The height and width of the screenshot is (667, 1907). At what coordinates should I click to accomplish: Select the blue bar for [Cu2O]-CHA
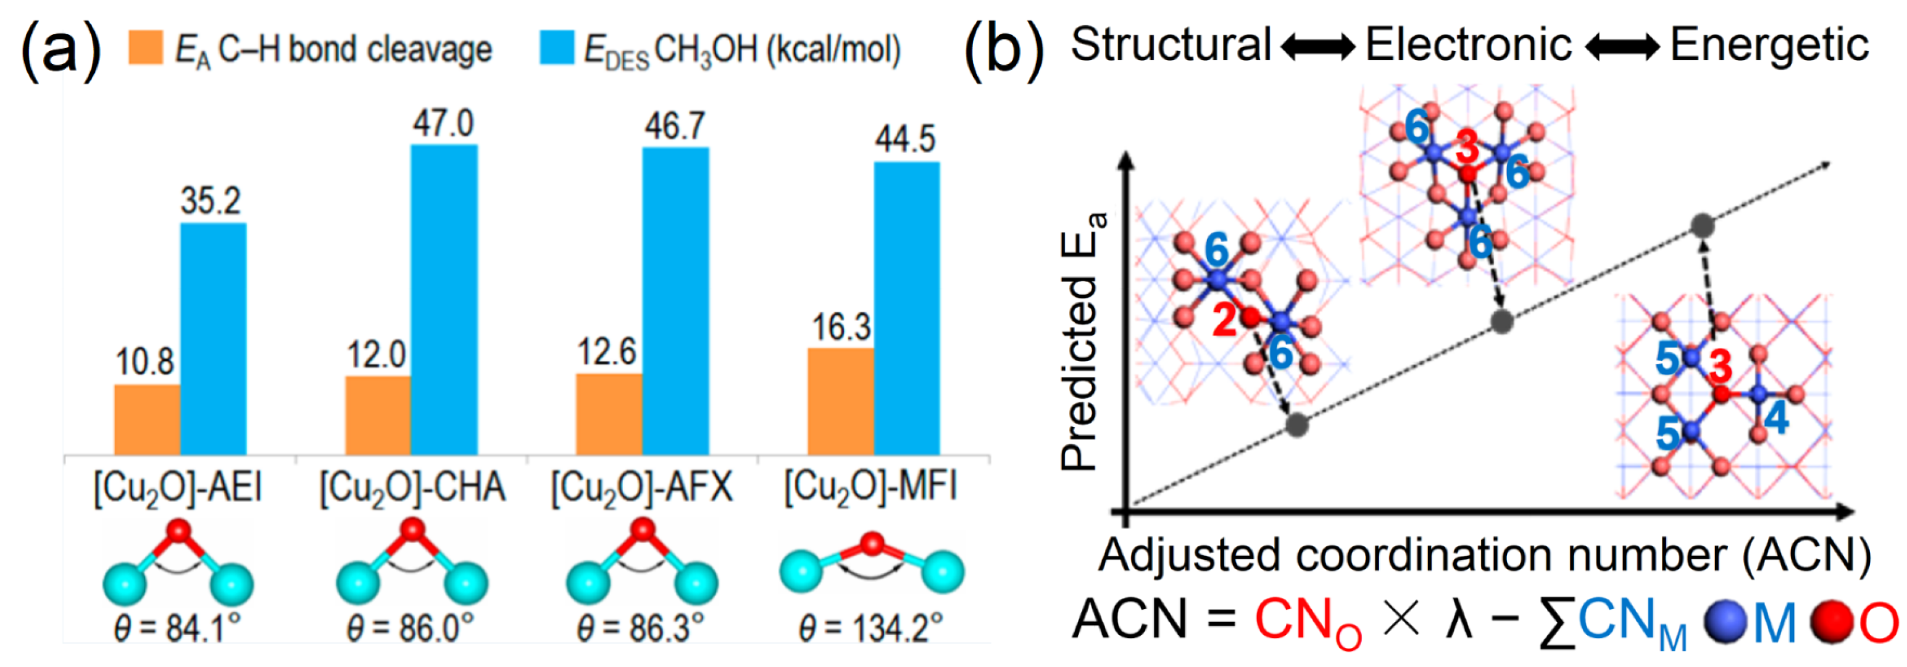444,300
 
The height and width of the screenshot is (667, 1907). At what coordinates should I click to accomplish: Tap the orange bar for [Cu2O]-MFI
840,401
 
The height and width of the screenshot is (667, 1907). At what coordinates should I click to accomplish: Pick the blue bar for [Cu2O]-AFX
675,301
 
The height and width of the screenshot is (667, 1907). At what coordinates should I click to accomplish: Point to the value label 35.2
211,201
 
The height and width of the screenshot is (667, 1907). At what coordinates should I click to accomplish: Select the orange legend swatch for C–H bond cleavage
146,48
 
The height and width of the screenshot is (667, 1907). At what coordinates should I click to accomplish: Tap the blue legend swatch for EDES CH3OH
556,48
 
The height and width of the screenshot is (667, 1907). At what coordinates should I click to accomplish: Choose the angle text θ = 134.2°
870,629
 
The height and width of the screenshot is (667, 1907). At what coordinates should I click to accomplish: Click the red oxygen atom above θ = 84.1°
178,531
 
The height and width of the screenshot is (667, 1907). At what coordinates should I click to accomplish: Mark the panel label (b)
1004,49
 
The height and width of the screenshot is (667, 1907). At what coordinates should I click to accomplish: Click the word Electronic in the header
1468,44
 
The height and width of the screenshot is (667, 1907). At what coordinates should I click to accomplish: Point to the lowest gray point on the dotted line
1296,425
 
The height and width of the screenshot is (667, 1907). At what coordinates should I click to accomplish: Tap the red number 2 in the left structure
1224,321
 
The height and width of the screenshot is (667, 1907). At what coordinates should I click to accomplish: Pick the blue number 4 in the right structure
1776,419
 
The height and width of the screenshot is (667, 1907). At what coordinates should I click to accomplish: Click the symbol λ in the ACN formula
1459,619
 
